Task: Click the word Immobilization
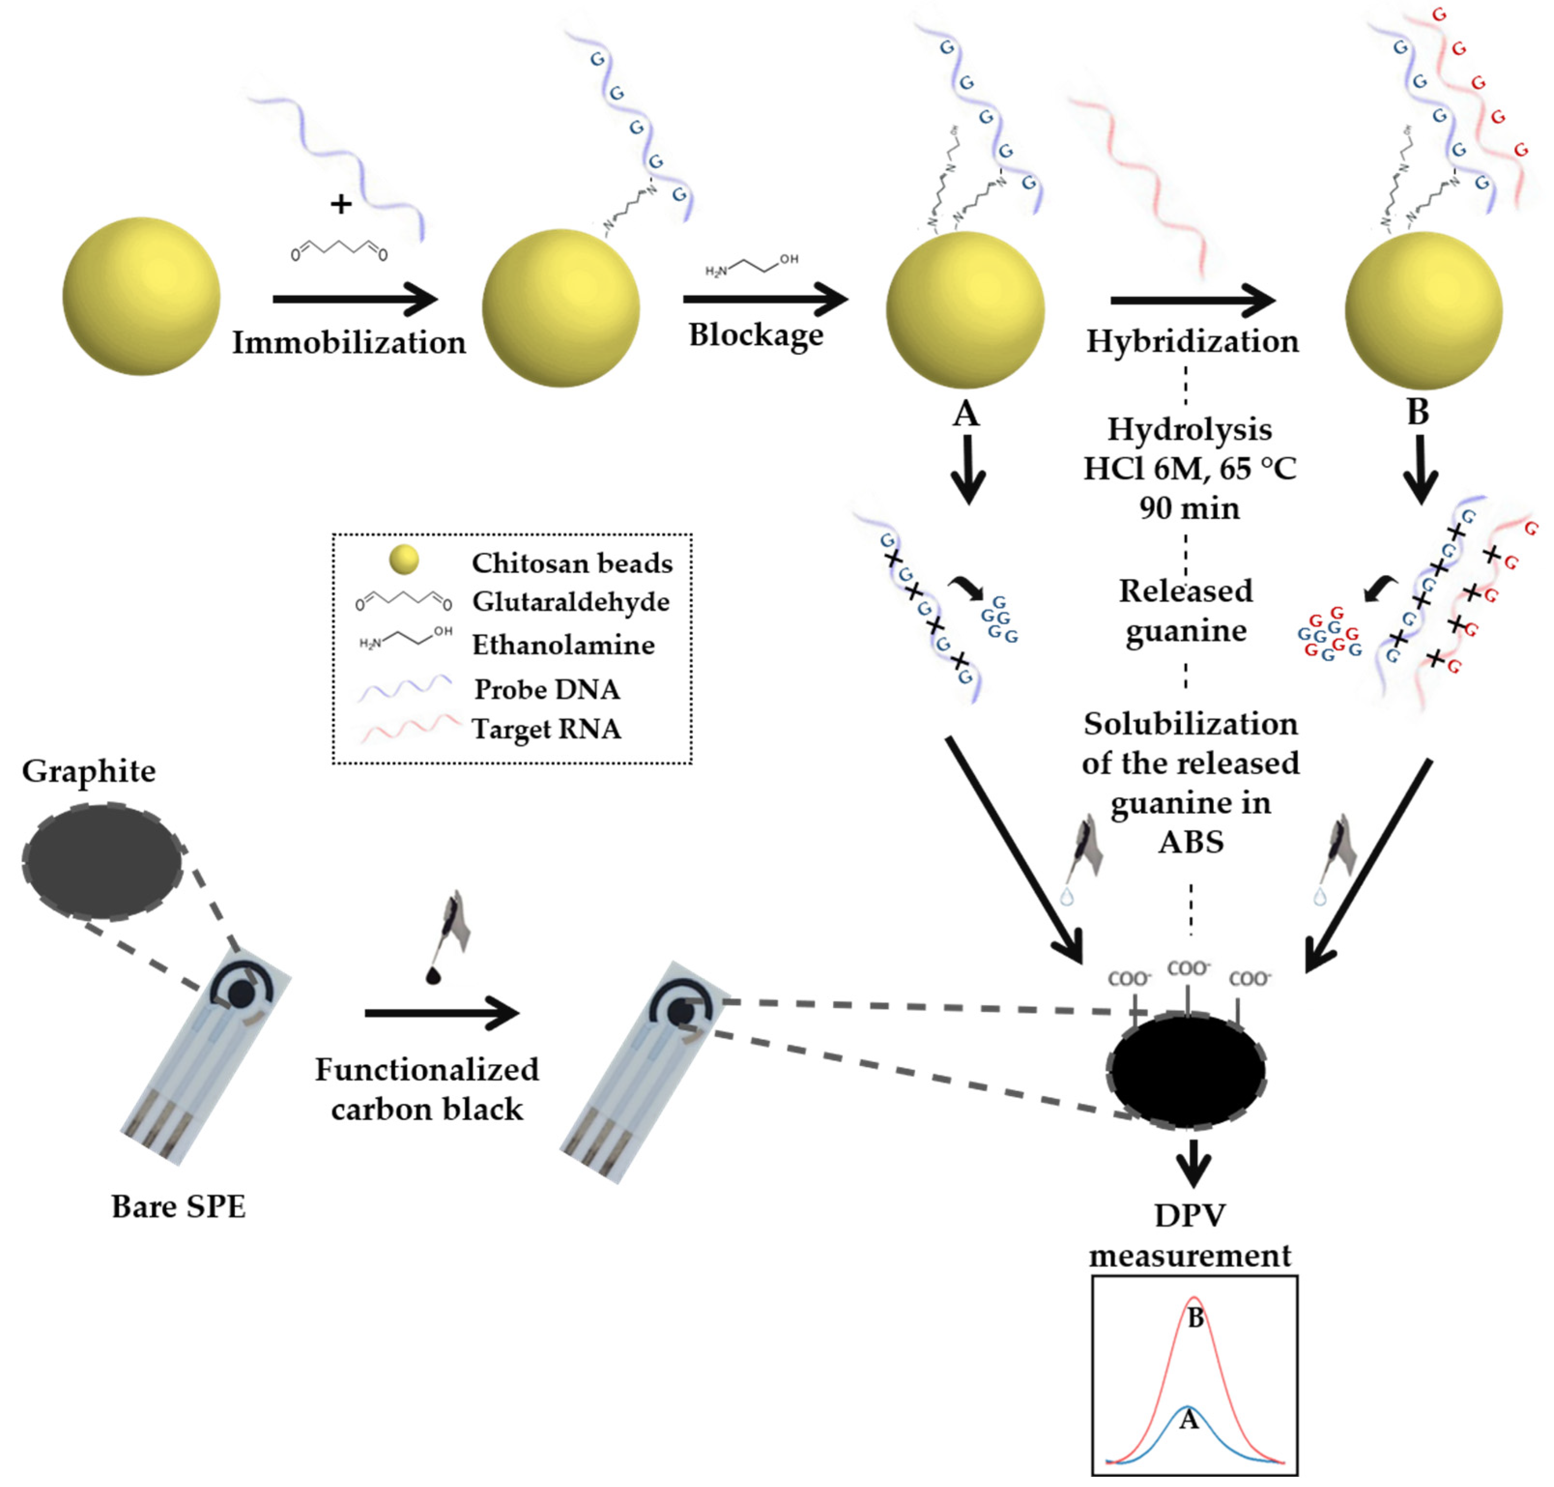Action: (349, 343)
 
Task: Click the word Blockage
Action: (755, 334)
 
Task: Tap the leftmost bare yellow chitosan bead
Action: (141, 296)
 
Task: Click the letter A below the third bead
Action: (965, 413)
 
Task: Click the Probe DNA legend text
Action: (547, 689)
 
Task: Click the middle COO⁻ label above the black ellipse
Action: (1188, 968)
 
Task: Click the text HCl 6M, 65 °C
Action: (1189, 468)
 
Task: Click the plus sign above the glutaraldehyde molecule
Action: (341, 204)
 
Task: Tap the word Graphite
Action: (89, 770)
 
